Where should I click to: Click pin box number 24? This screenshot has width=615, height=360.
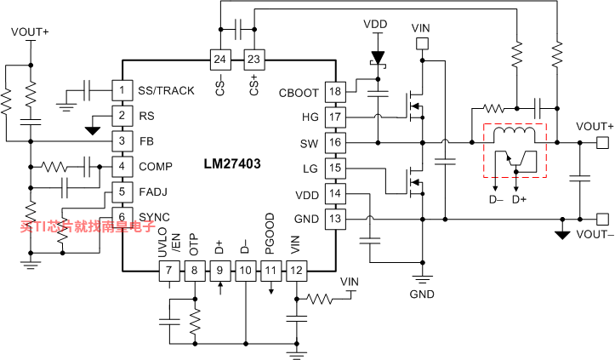coord(220,60)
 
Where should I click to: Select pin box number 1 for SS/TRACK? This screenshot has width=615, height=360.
coord(122,90)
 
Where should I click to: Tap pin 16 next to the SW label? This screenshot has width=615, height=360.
coord(335,142)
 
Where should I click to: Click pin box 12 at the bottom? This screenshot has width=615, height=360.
coord(297,271)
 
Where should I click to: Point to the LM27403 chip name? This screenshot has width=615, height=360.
coord(232,163)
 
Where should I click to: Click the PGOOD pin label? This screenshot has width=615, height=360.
coord(270,233)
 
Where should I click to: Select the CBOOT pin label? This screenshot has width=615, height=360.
coord(298,93)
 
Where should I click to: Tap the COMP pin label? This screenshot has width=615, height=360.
coord(156,167)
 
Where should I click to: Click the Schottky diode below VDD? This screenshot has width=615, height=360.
coord(378,59)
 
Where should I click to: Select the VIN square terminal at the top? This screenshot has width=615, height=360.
coord(422,43)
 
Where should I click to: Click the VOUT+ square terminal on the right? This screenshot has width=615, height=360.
coord(602,142)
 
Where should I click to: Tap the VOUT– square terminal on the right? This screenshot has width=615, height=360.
coord(602,219)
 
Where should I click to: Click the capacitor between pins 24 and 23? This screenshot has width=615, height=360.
coord(237,30)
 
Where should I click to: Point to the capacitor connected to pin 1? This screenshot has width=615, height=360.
coord(87,91)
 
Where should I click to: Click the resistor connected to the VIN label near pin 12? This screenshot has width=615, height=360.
coord(319,300)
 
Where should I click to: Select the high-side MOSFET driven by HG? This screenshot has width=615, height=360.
coord(413,106)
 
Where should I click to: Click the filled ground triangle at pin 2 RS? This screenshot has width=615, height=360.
coord(93,130)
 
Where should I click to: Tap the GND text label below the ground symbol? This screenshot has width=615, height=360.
coord(422,294)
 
